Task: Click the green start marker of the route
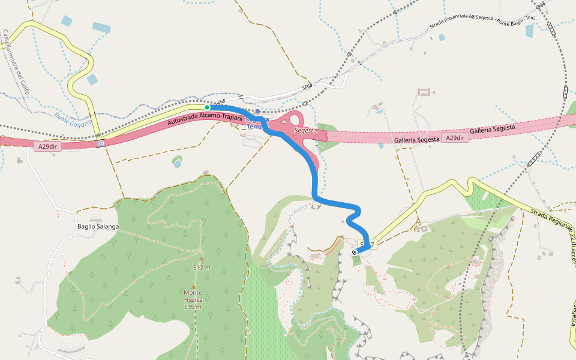[x=207, y=107]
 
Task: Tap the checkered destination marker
[x=355, y=253]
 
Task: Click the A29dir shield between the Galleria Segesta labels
[x=455, y=138]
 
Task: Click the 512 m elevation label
[x=202, y=267]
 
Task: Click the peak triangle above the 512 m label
[x=202, y=259]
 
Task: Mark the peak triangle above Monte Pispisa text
[x=193, y=286]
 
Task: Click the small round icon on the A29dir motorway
[x=101, y=143]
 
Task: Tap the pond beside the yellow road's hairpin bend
[x=92, y=79]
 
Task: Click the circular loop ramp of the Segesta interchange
[x=293, y=120]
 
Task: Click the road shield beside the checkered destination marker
[x=367, y=244]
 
